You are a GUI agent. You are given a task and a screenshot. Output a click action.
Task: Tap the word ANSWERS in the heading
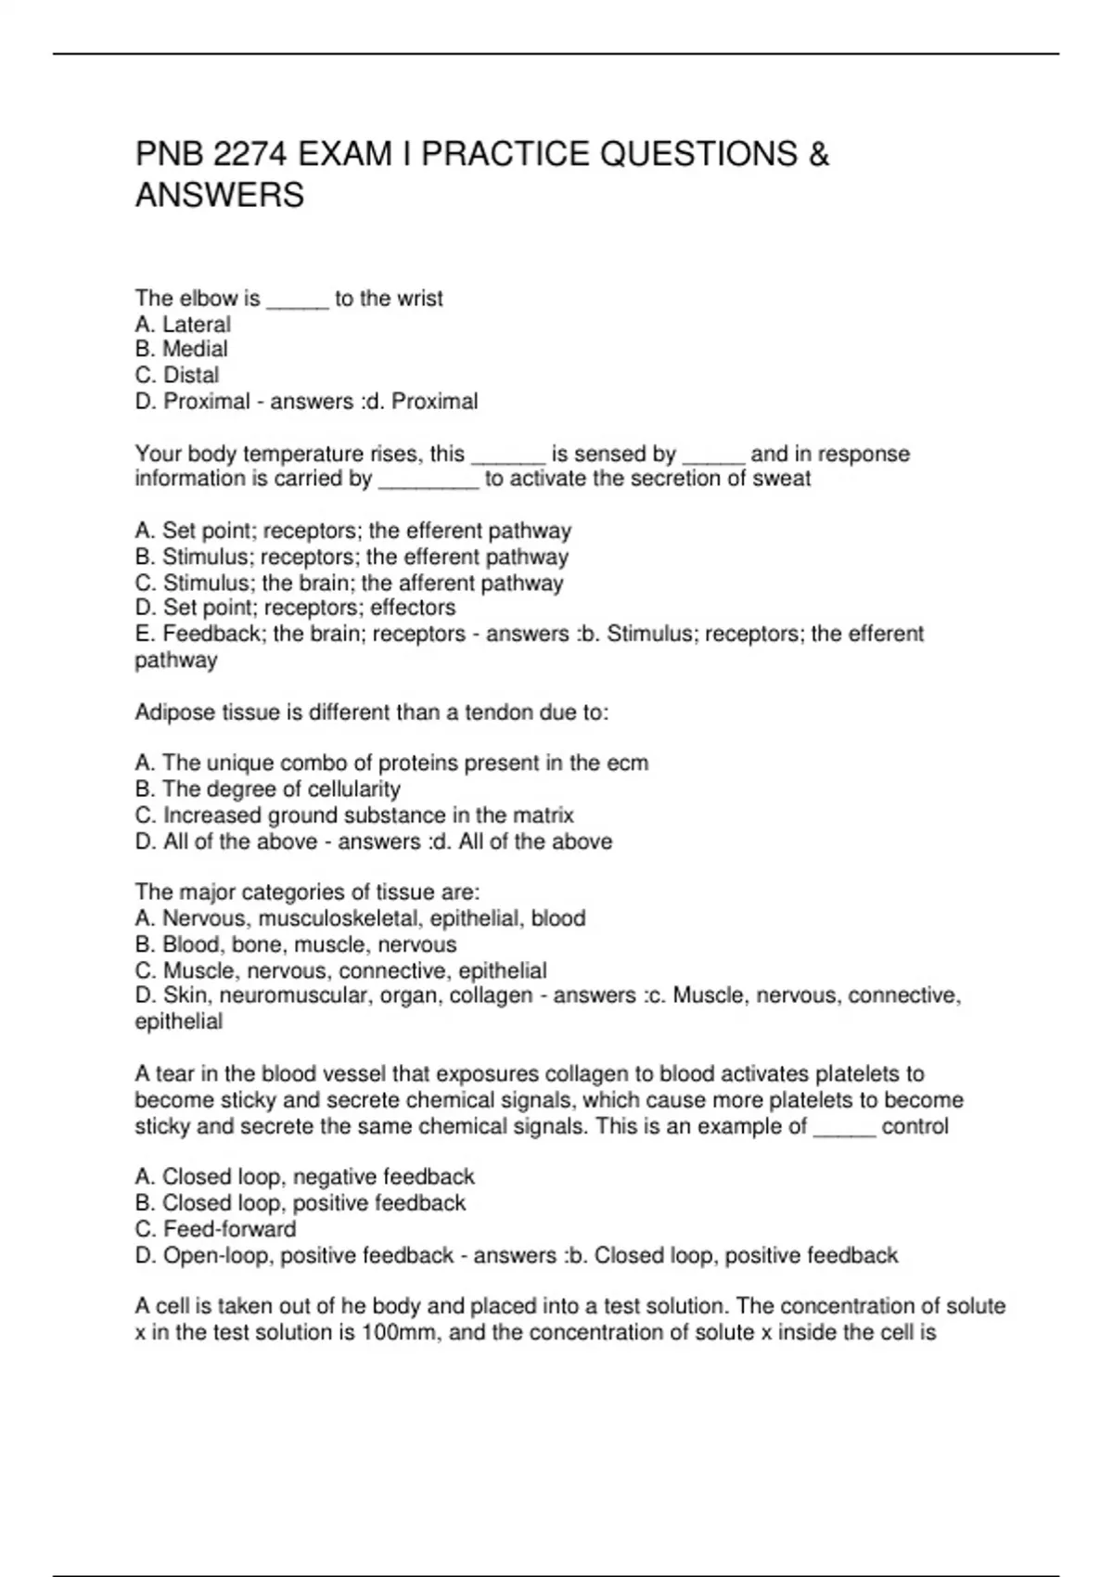tap(219, 196)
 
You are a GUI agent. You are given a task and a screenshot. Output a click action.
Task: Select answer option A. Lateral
tap(183, 325)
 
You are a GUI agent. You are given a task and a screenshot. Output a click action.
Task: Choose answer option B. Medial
tap(181, 350)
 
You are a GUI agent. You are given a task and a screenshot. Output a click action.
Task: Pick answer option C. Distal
tap(177, 376)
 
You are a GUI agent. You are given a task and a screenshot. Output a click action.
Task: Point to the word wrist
tap(420, 299)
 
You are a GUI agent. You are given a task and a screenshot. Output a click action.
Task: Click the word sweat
tap(786, 480)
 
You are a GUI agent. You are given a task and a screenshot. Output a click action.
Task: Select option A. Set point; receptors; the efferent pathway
tap(352, 532)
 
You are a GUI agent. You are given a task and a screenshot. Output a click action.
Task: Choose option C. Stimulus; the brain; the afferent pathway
tap(349, 583)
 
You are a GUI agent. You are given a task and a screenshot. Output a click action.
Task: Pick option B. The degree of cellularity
tap(267, 789)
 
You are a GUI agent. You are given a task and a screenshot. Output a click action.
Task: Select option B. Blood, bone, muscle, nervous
tap(295, 945)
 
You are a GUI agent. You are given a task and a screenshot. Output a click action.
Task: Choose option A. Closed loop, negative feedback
tap(304, 1177)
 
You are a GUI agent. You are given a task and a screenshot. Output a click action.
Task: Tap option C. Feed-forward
tap(215, 1229)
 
